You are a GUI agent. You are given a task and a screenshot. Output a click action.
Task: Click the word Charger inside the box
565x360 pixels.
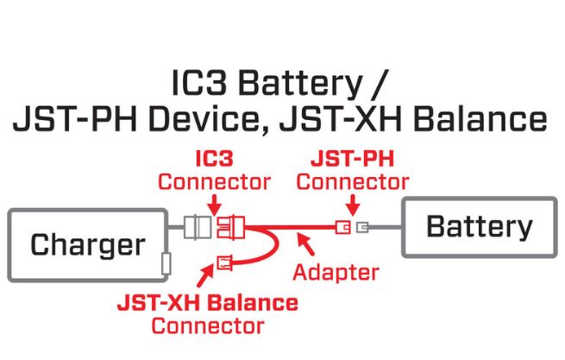point(88,245)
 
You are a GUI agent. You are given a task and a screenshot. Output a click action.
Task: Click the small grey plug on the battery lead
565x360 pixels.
point(361,228)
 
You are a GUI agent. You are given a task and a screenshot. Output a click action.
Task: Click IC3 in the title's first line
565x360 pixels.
point(200,86)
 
